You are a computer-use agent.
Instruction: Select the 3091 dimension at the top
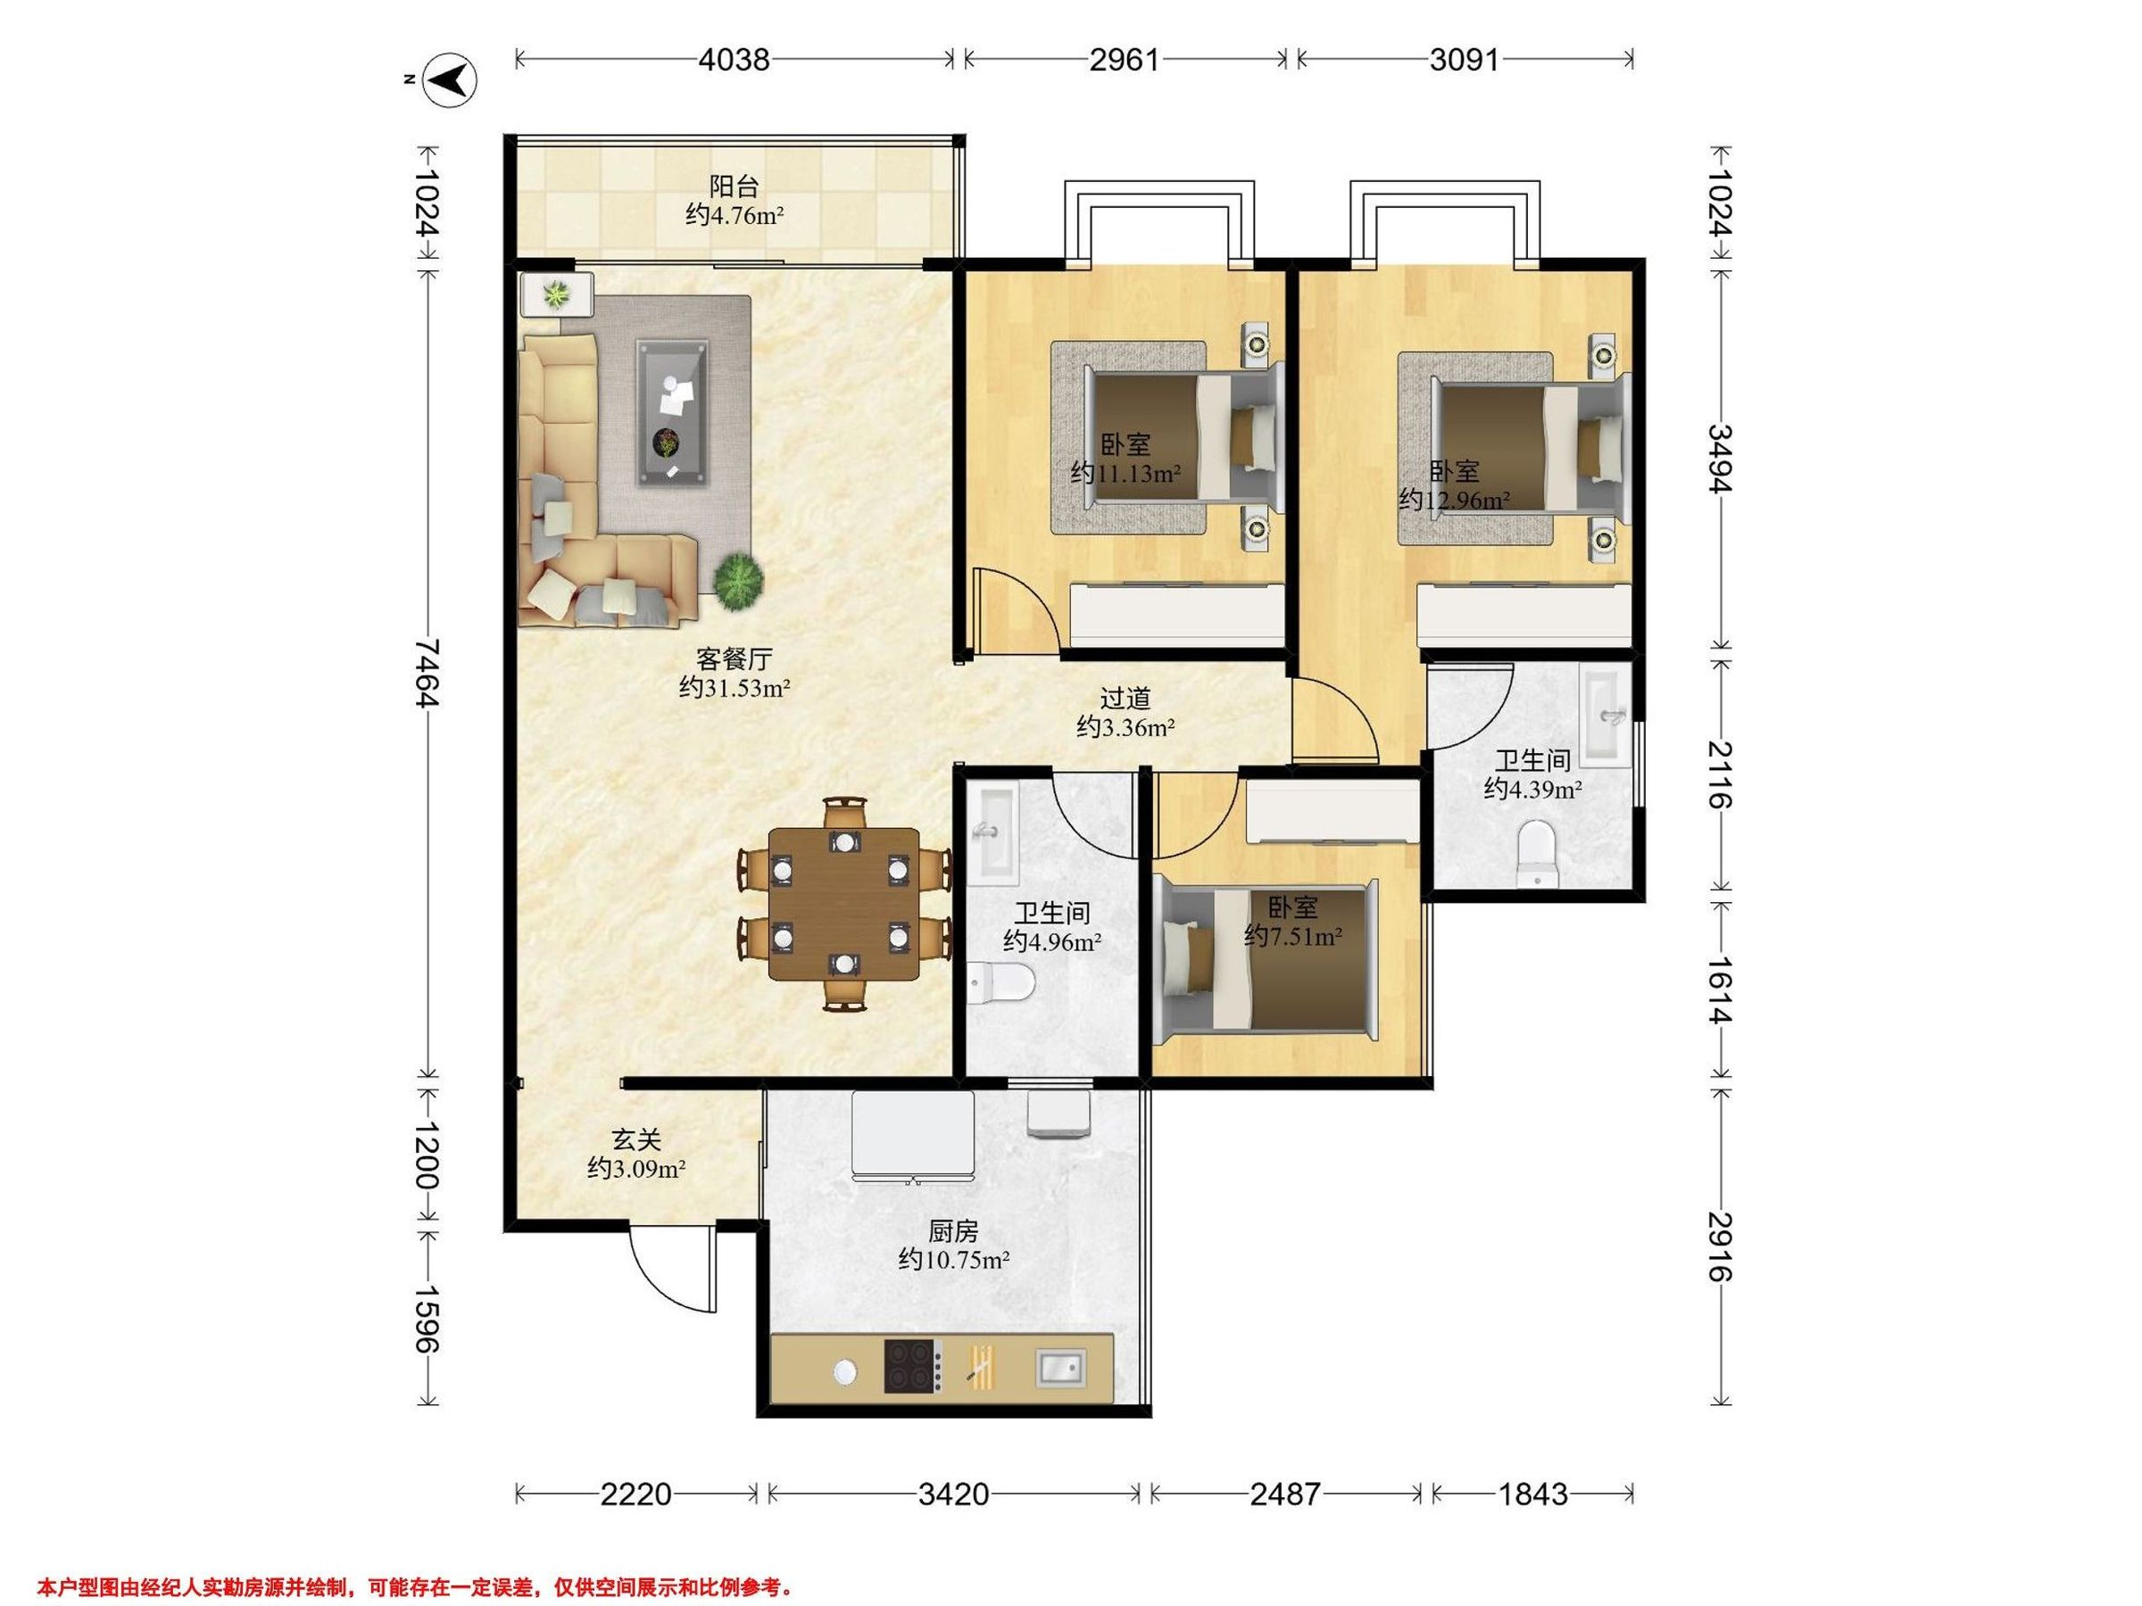(1465, 60)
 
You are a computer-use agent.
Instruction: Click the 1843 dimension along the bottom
(1533, 1494)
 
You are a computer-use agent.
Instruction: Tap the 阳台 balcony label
(734, 186)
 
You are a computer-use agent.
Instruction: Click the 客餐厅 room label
(734, 659)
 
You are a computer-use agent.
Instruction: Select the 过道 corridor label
(1125, 698)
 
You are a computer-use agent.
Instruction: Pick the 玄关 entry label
(636, 1140)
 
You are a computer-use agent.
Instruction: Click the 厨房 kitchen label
(953, 1231)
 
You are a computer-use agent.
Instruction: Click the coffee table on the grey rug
(670, 411)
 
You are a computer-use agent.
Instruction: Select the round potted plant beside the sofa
(739, 581)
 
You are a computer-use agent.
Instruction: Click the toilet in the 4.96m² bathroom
(1000, 982)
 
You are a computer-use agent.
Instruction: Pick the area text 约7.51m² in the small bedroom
(1292, 937)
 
